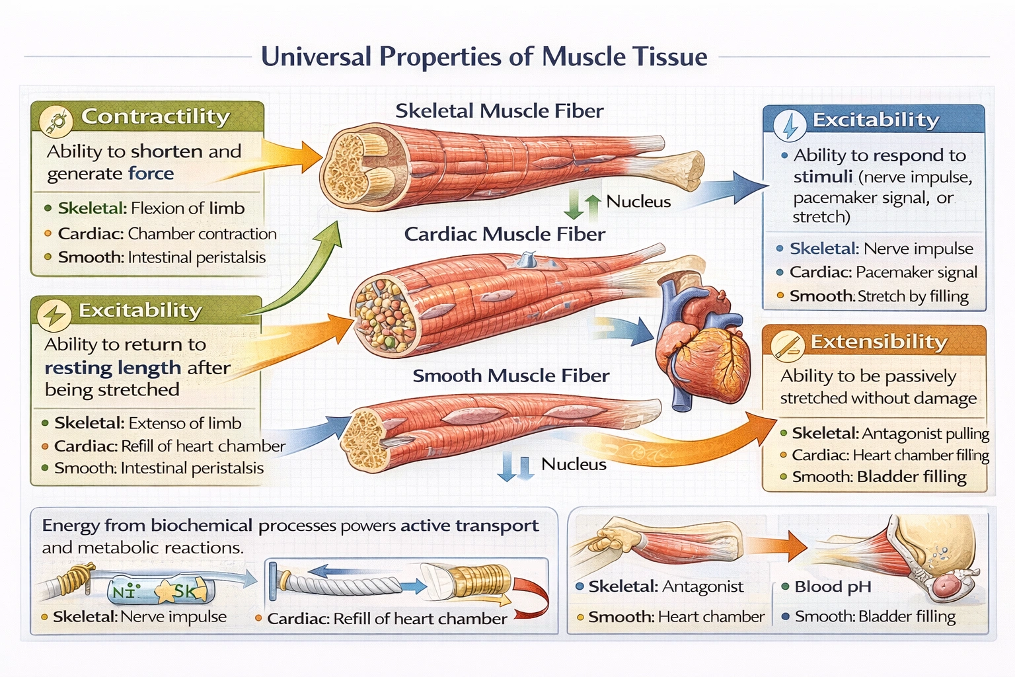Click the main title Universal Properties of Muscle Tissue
(484, 57)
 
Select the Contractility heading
(155, 116)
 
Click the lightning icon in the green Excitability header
(54, 315)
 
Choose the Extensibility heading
(879, 342)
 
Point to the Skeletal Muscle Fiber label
(499, 111)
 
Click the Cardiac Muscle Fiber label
(504, 234)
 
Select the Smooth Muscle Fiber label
(510, 376)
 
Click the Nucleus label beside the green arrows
(638, 202)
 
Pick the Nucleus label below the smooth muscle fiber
(573, 464)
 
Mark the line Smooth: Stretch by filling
(879, 296)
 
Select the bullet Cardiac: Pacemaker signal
(883, 272)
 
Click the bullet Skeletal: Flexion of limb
(151, 208)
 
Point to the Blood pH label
(833, 586)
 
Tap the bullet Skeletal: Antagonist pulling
(889, 434)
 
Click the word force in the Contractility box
(151, 174)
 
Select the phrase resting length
(112, 368)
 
